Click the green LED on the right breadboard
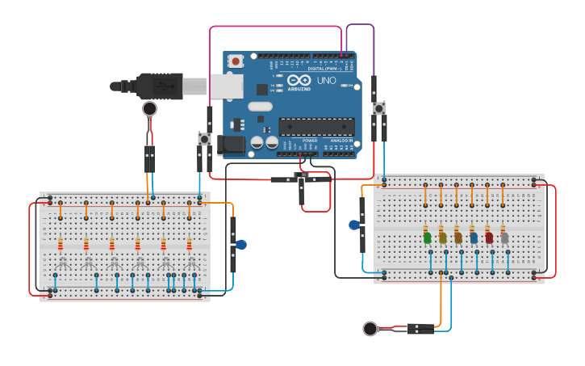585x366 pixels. click(x=427, y=238)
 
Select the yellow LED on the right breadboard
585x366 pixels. click(x=442, y=238)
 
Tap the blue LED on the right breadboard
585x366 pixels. click(x=474, y=238)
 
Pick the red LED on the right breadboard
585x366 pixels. click(x=489, y=238)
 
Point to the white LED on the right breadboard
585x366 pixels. click(x=504, y=238)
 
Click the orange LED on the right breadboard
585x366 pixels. click(x=458, y=238)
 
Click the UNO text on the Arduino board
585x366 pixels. click(x=327, y=81)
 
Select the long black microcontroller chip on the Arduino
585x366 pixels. click(x=316, y=127)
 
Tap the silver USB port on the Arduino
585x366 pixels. click(x=226, y=86)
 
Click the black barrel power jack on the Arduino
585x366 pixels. click(x=231, y=145)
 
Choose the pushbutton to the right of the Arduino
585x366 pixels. click(x=378, y=108)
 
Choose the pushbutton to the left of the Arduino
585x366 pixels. click(x=204, y=140)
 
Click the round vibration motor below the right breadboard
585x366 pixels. click(x=370, y=328)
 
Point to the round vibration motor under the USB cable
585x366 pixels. click(x=149, y=108)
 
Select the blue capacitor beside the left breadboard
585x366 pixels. click(x=240, y=244)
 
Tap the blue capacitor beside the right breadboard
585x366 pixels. click(x=353, y=225)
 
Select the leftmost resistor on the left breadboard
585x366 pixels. click(x=61, y=244)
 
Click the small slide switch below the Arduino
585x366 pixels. click(x=301, y=174)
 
